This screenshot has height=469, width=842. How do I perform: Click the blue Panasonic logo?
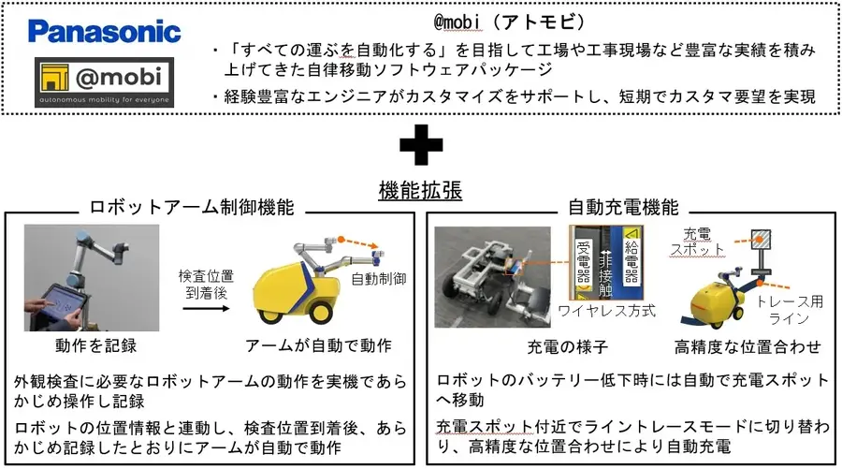coord(104,32)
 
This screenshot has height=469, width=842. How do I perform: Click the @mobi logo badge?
coord(104,82)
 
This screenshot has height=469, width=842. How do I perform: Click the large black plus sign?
coord(420,148)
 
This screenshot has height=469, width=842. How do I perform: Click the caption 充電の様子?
coord(562,347)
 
